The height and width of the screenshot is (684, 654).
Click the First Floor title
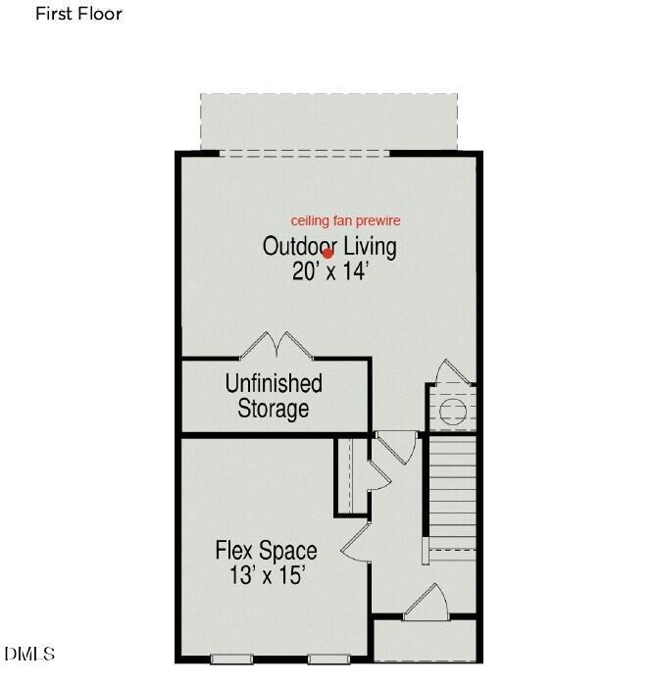pyautogui.click(x=78, y=14)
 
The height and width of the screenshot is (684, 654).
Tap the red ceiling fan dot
pyautogui.click(x=327, y=254)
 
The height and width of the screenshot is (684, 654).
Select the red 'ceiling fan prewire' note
pyautogui.click(x=345, y=221)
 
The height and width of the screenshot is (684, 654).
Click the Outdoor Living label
pyautogui.click(x=329, y=247)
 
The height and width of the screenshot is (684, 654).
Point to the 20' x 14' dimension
pyautogui.click(x=327, y=271)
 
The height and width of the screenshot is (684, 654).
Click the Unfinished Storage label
pyautogui.click(x=274, y=396)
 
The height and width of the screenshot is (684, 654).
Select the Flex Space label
pyautogui.click(x=266, y=551)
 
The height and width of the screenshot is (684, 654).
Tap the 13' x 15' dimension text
pyautogui.click(x=266, y=575)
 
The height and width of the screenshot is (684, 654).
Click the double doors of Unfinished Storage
pyautogui.click(x=277, y=346)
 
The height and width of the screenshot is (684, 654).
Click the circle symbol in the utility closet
pyautogui.click(x=453, y=411)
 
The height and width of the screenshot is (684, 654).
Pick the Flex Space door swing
pyautogui.click(x=356, y=542)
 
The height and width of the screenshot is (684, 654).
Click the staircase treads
pyautogui.click(x=452, y=493)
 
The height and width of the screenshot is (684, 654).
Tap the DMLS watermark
pyautogui.click(x=29, y=654)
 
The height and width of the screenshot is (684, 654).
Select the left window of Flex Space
pyautogui.click(x=231, y=659)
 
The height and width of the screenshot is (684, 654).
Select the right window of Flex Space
pyautogui.click(x=328, y=659)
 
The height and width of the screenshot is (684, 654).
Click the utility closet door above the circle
pyautogui.click(x=453, y=373)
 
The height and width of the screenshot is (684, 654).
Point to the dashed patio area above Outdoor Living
pyautogui.click(x=328, y=122)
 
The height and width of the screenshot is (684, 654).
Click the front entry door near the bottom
pyautogui.click(x=426, y=602)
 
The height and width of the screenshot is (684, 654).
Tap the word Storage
pyautogui.click(x=274, y=409)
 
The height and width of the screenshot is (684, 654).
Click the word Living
pyautogui.click(x=370, y=247)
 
